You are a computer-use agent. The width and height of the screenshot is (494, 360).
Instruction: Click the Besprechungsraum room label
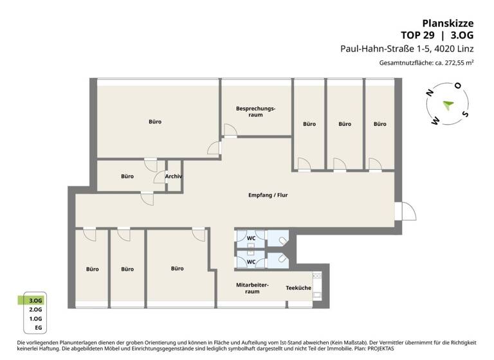point(255,112)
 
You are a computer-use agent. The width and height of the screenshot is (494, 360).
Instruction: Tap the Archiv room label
point(174,176)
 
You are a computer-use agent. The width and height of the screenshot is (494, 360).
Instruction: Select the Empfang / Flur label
point(268,195)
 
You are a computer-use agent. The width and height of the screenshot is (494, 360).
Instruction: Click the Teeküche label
point(298,288)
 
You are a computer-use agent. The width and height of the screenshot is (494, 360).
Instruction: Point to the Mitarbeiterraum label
point(252,288)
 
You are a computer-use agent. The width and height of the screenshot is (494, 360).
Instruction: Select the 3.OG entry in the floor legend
point(35,300)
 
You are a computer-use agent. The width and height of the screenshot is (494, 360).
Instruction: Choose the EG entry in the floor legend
point(38,328)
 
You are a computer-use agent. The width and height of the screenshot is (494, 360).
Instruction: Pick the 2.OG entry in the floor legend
point(35,309)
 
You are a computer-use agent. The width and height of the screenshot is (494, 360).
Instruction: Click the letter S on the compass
point(465,114)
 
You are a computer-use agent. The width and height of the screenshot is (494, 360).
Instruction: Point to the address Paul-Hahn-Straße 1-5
point(387,48)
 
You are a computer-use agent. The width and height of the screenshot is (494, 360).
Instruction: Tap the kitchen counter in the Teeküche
point(316,287)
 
